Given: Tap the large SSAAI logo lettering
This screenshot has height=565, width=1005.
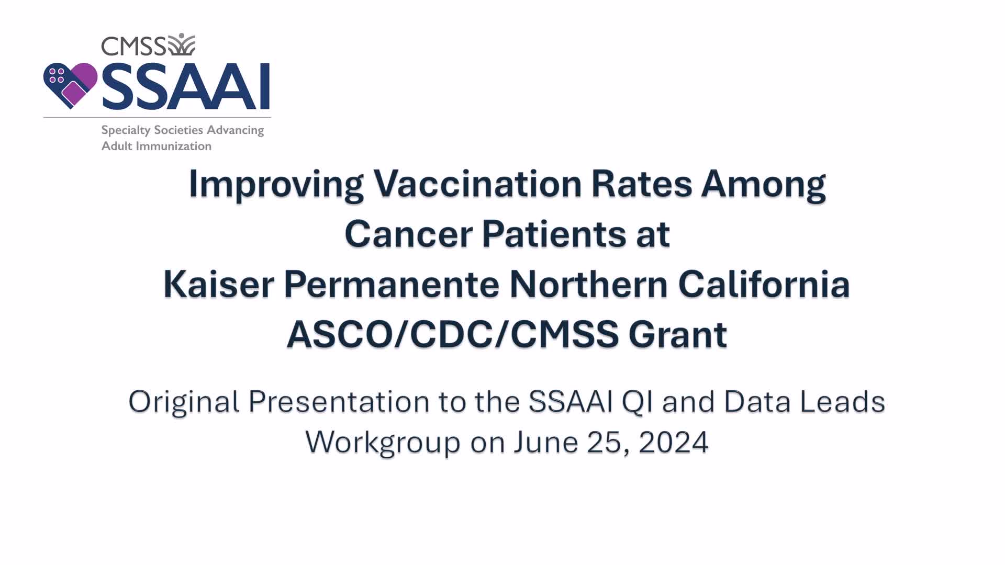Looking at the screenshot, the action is (186, 86).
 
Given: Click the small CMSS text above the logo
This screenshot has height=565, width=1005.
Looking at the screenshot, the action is (133, 46).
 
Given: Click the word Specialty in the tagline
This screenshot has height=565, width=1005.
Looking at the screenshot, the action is (126, 130).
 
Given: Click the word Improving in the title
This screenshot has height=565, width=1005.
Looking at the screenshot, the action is (276, 185).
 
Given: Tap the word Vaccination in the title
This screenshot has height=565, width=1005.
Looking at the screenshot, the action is (477, 184).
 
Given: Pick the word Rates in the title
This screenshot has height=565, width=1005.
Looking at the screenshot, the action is (642, 184).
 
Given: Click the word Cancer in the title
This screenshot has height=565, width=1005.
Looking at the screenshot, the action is (408, 234).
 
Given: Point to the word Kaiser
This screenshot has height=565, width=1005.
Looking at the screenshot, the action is (219, 284).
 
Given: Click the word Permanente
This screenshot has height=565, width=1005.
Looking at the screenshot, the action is (392, 284).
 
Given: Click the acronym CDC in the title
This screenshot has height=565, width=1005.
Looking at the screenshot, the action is (452, 334).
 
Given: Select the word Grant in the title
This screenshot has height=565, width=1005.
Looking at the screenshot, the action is (678, 334).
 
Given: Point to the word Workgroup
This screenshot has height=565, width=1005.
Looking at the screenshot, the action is (383, 443).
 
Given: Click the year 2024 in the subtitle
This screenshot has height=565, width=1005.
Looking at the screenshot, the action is (674, 442).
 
